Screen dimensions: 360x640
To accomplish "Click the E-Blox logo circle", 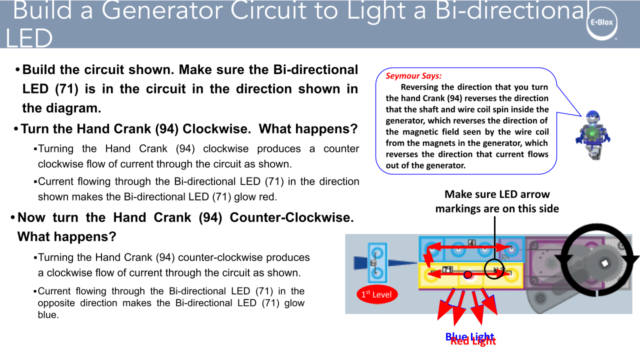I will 602,23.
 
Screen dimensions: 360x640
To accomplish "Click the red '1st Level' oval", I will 377,294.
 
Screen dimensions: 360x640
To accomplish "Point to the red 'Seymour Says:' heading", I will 413,76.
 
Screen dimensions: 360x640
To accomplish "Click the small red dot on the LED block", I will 467,274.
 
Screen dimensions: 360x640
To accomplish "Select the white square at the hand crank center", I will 603,262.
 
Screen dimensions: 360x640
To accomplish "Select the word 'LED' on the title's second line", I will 29,38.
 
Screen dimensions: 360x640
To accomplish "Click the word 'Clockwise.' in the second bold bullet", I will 216,129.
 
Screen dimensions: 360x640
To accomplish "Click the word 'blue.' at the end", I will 48,315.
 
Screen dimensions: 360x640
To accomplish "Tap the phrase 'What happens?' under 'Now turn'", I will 67,236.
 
